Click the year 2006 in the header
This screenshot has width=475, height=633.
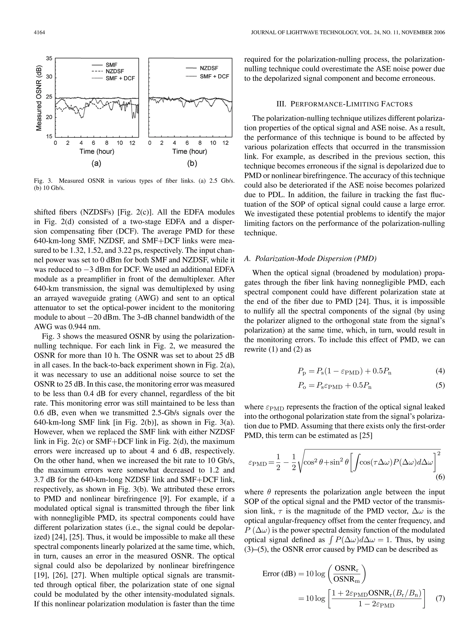pos(438,33)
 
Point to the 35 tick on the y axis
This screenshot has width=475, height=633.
pos(49,58)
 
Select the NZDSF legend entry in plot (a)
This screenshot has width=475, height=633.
pos(115,71)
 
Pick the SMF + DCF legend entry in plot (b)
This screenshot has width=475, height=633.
pos(214,77)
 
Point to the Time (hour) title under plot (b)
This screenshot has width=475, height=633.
pos(189,151)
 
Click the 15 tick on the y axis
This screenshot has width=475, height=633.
pos(49,137)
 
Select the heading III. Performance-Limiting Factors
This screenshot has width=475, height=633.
pos(344,104)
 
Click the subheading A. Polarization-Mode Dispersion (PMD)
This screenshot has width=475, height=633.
pos(310,258)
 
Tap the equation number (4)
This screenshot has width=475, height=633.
pos(440,371)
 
